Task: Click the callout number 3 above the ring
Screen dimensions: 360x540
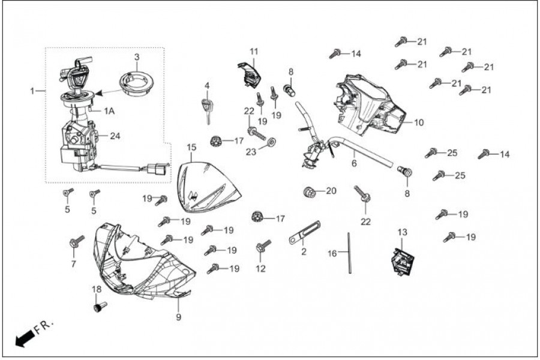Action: pyautogui.click(x=137, y=57)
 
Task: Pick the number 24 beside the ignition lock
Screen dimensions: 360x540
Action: pyautogui.click(x=115, y=136)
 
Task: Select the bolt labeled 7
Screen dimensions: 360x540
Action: pyautogui.click(x=75, y=243)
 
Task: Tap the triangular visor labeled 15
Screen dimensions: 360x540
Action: pyautogui.click(x=211, y=187)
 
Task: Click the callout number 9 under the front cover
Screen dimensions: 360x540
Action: pyautogui.click(x=178, y=316)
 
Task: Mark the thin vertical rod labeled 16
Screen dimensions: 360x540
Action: pyautogui.click(x=349, y=252)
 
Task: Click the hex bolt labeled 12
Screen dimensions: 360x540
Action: pyautogui.click(x=263, y=245)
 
